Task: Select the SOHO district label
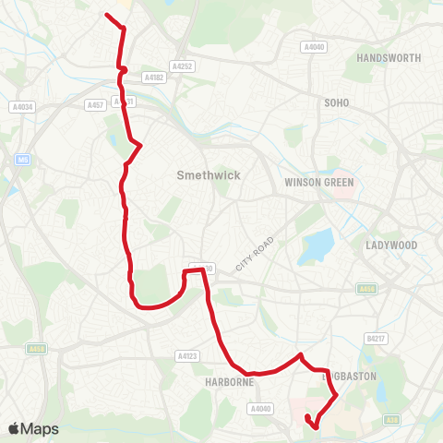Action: click(x=336, y=102)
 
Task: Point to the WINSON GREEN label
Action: click(x=319, y=182)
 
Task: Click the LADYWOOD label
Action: click(x=392, y=245)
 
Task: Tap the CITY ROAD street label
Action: click(x=256, y=253)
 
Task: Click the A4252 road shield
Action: click(x=183, y=66)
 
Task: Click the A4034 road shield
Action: click(x=22, y=107)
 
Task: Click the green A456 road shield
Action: click(x=365, y=289)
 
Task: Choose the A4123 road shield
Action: click(x=187, y=355)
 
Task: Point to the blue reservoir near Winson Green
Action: click(x=317, y=245)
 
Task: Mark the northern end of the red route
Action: click(x=108, y=16)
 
